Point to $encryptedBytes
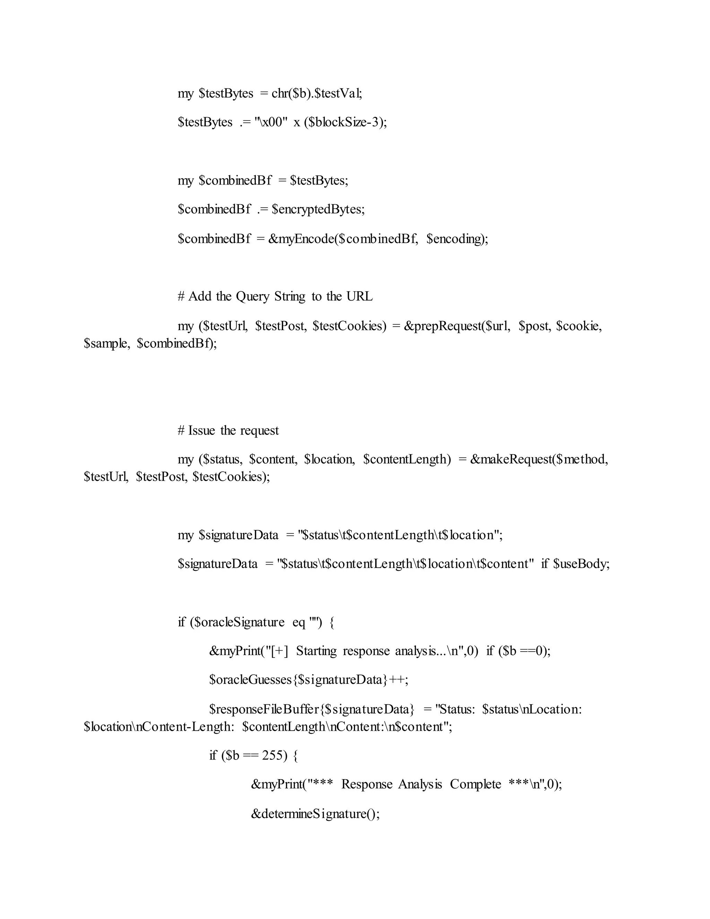(318, 209)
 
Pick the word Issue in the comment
(201, 430)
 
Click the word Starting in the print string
(316, 651)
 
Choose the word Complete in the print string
(475, 784)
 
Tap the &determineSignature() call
(315, 814)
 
